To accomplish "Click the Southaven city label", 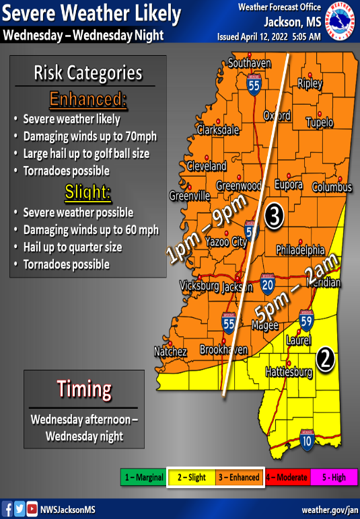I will click(x=249, y=64).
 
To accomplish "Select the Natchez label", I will click(x=170, y=352).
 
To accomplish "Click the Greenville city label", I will click(x=189, y=196).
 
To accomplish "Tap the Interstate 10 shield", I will click(x=306, y=440).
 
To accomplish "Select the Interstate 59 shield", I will click(x=306, y=317).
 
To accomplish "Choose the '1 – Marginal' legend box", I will click(x=143, y=478).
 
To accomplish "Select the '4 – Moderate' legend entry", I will click(x=287, y=478).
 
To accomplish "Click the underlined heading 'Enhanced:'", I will click(x=87, y=100).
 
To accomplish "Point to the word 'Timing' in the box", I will click(x=83, y=389).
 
